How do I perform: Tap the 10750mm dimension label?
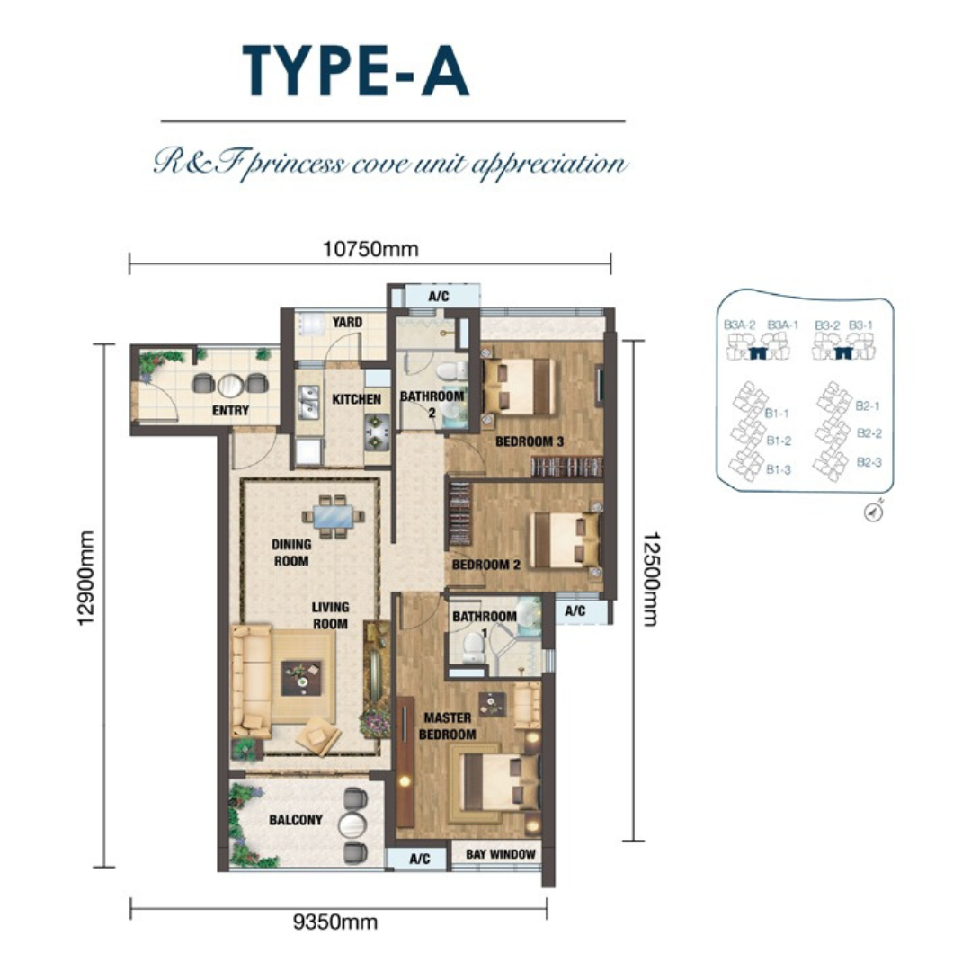370,250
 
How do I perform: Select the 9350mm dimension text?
335,922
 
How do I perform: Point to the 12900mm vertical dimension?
86,578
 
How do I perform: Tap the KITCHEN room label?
356,399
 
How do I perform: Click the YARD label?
347,322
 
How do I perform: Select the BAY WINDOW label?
501,854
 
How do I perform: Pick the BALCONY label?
296,820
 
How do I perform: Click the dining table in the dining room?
334,516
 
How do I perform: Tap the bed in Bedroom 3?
519,387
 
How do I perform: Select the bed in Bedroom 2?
566,539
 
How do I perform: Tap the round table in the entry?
230,385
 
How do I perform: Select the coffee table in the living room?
302,678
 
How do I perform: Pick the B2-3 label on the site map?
869,462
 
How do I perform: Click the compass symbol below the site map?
873,512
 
